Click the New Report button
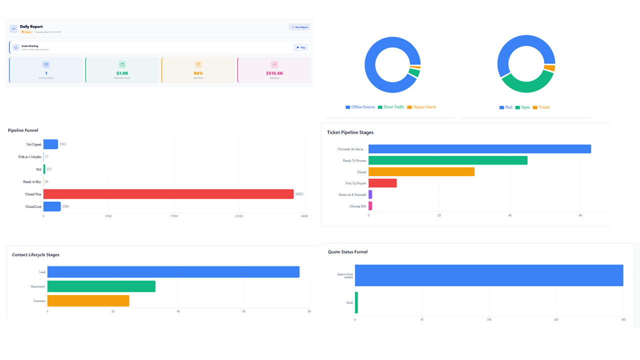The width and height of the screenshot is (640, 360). [x=299, y=27]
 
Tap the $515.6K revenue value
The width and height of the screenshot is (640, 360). [x=274, y=73]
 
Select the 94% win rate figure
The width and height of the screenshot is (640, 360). [x=198, y=73]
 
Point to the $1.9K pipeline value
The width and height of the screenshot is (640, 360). [x=122, y=73]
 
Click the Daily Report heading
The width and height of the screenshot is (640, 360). [x=31, y=26]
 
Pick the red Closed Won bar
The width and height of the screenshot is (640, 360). [x=168, y=194]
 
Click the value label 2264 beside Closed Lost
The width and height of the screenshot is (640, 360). [x=65, y=206]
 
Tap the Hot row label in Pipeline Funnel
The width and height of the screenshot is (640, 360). [x=38, y=169]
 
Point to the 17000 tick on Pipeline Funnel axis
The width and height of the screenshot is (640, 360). [x=173, y=216]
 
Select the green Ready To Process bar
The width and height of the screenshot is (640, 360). [x=447, y=160]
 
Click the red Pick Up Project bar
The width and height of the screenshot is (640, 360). [x=382, y=183]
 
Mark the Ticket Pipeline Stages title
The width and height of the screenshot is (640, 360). [x=350, y=132]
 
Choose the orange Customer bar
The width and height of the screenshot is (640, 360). [x=88, y=301]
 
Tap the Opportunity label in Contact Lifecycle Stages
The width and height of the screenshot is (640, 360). [x=37, y=286]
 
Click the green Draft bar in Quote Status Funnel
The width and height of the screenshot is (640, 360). [x=356, y=302]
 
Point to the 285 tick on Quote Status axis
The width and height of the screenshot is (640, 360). [x=556, y=319]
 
